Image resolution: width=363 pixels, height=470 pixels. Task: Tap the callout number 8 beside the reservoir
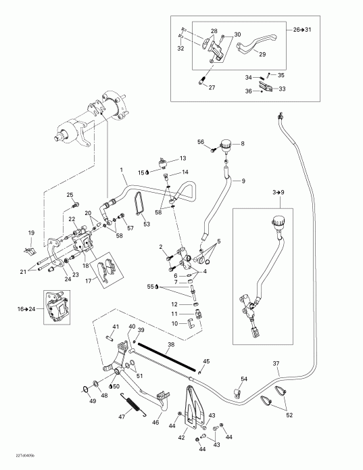tap(243, 143)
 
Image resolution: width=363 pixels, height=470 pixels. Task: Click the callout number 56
tap(201, 141)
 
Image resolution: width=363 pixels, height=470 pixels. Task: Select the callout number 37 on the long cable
tap(276, 365)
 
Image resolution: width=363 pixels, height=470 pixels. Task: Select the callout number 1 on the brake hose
tap(122, 168)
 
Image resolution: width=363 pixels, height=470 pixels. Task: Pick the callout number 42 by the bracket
tap(181, 437)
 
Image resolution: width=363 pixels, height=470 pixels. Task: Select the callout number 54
tap(244, 379)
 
